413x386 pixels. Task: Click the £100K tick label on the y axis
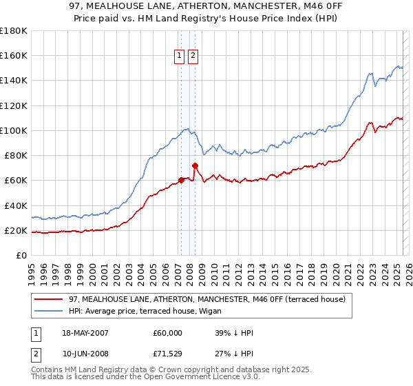[13, 130]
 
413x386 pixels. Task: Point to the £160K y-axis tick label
[13, 55]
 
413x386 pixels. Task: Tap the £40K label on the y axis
[16, 205]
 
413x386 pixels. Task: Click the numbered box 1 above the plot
[180, 56]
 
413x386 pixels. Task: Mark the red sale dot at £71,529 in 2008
[195, 165]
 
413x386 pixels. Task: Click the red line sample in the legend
[48, 298]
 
